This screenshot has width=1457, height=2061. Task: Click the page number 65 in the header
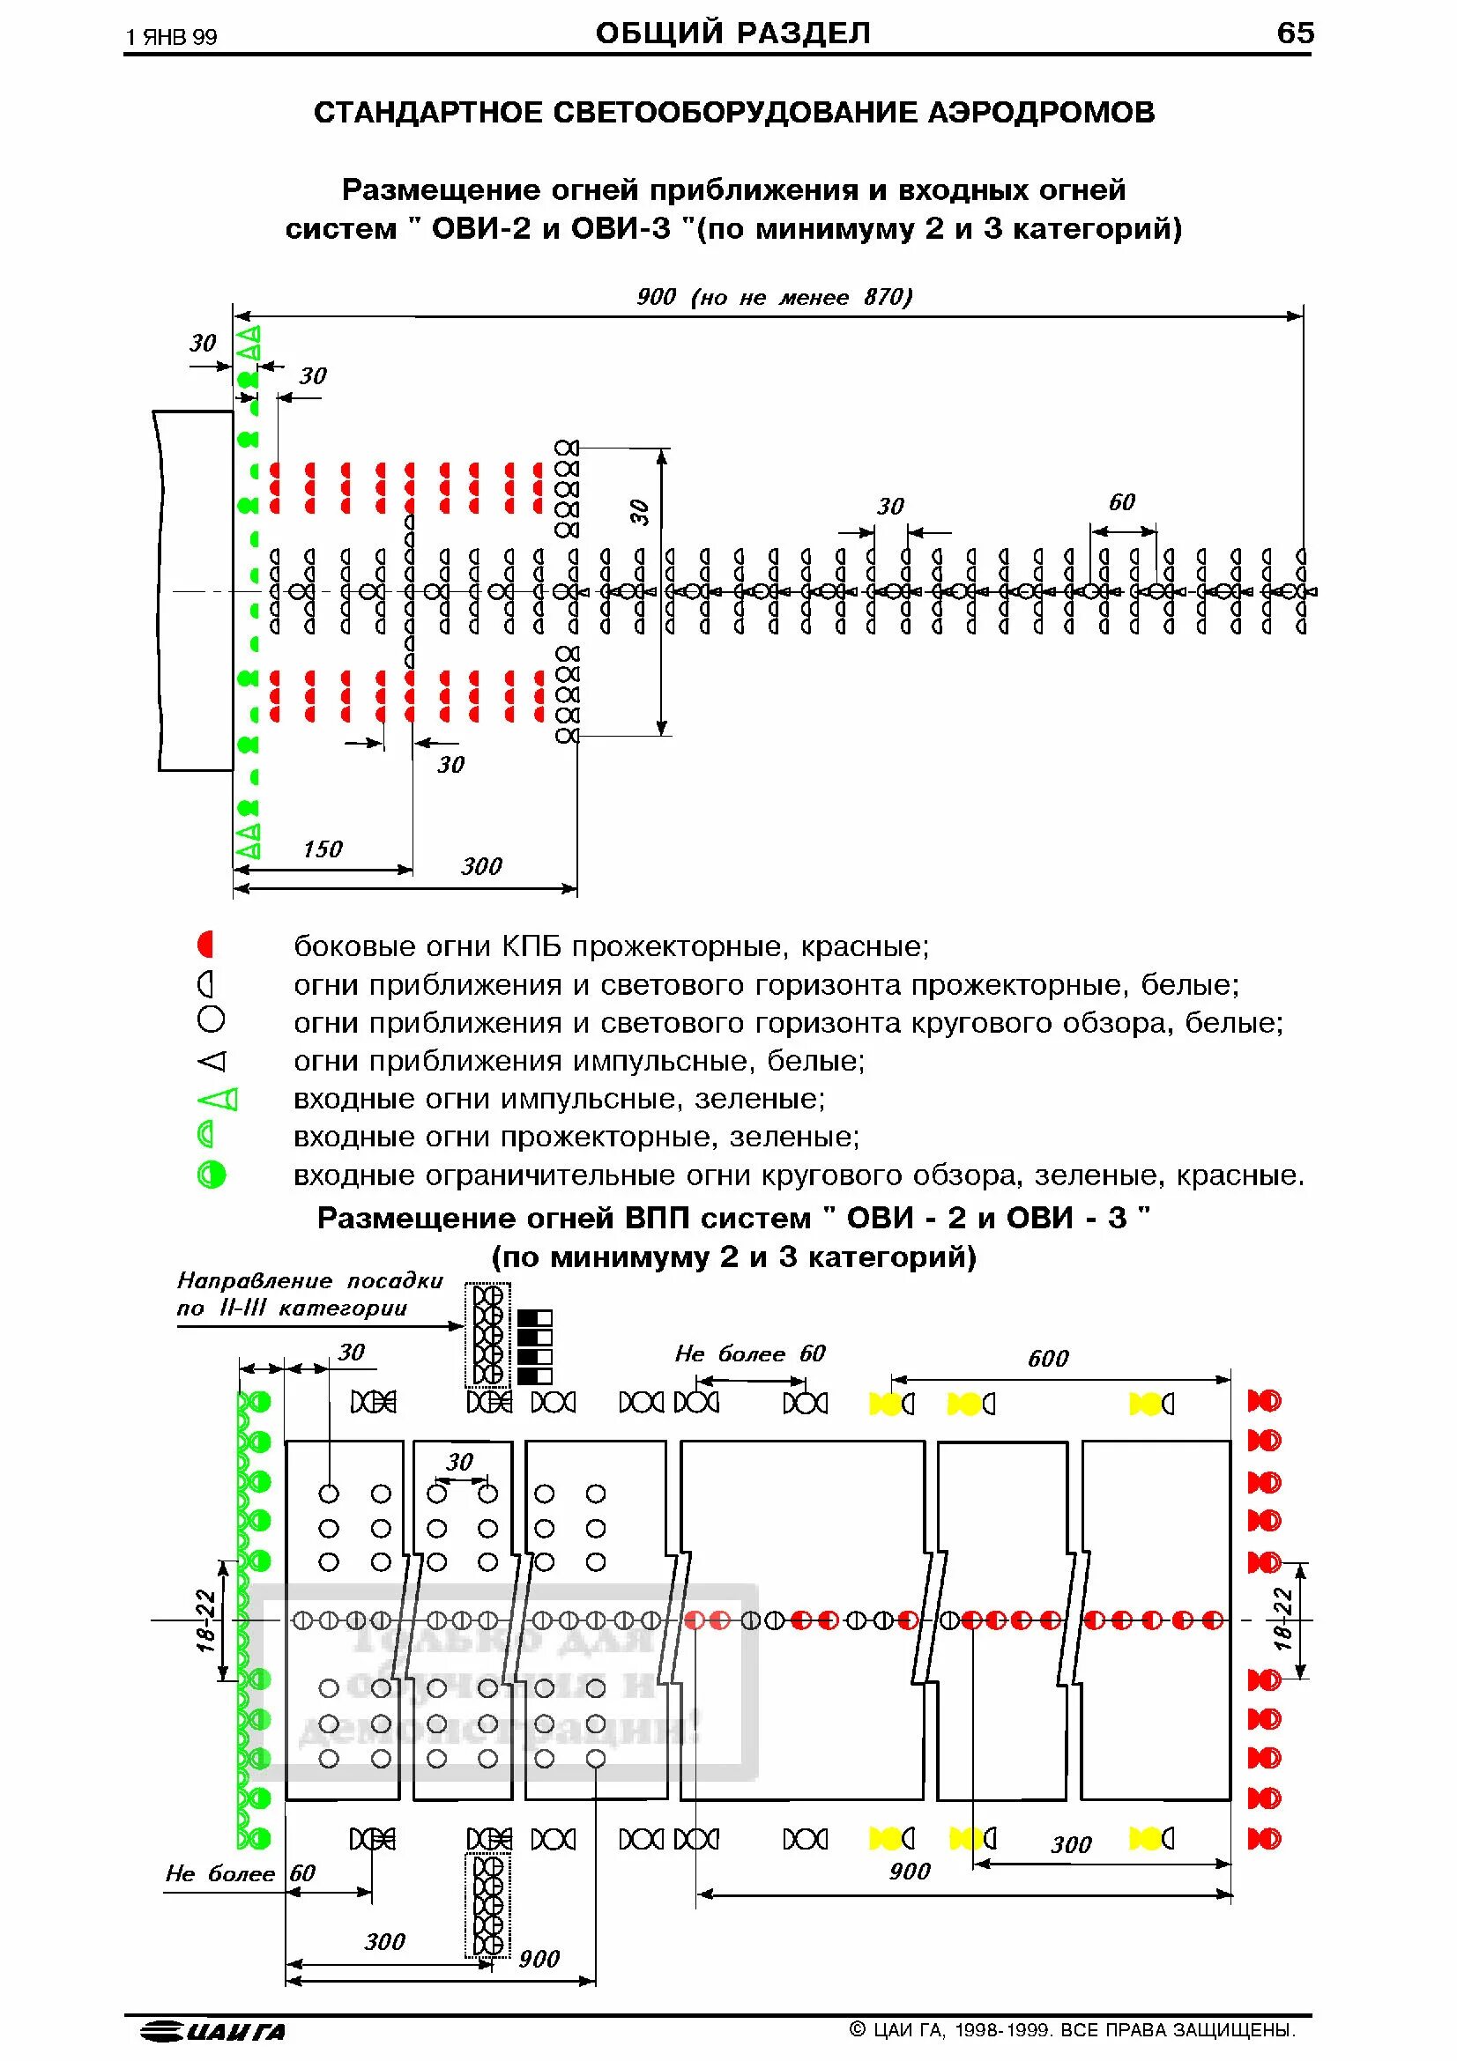coord(1295,33)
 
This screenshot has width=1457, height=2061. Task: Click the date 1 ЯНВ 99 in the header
coord(172,37)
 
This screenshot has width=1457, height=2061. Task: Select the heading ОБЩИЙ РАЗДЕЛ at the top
coord(732,33)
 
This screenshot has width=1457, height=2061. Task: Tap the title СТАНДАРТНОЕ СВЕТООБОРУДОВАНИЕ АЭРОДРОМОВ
coord(733,113)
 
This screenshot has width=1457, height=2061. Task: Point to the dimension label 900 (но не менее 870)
coord(774,297)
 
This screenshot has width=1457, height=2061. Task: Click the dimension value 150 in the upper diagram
coord(323,849)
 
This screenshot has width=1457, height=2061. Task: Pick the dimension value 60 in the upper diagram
coord(1121,502)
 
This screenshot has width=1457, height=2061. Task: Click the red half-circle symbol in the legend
coord(206,945)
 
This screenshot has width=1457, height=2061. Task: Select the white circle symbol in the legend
coord(211,1019)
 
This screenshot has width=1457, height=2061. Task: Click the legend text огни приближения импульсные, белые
coord(579,1061)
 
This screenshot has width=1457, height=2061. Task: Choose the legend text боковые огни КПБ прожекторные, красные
coord(612,946)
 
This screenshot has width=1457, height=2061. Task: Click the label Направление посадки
coord(309,1281)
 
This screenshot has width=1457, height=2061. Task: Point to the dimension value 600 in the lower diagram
coord(1048,1359)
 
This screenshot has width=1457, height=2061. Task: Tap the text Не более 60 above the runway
coord(749,1353)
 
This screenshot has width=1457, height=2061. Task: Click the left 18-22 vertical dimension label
coord(206,1621)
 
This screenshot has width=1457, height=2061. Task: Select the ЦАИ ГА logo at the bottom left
coord(213,2031)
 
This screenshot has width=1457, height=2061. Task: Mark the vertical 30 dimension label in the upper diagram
coord(638,513)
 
